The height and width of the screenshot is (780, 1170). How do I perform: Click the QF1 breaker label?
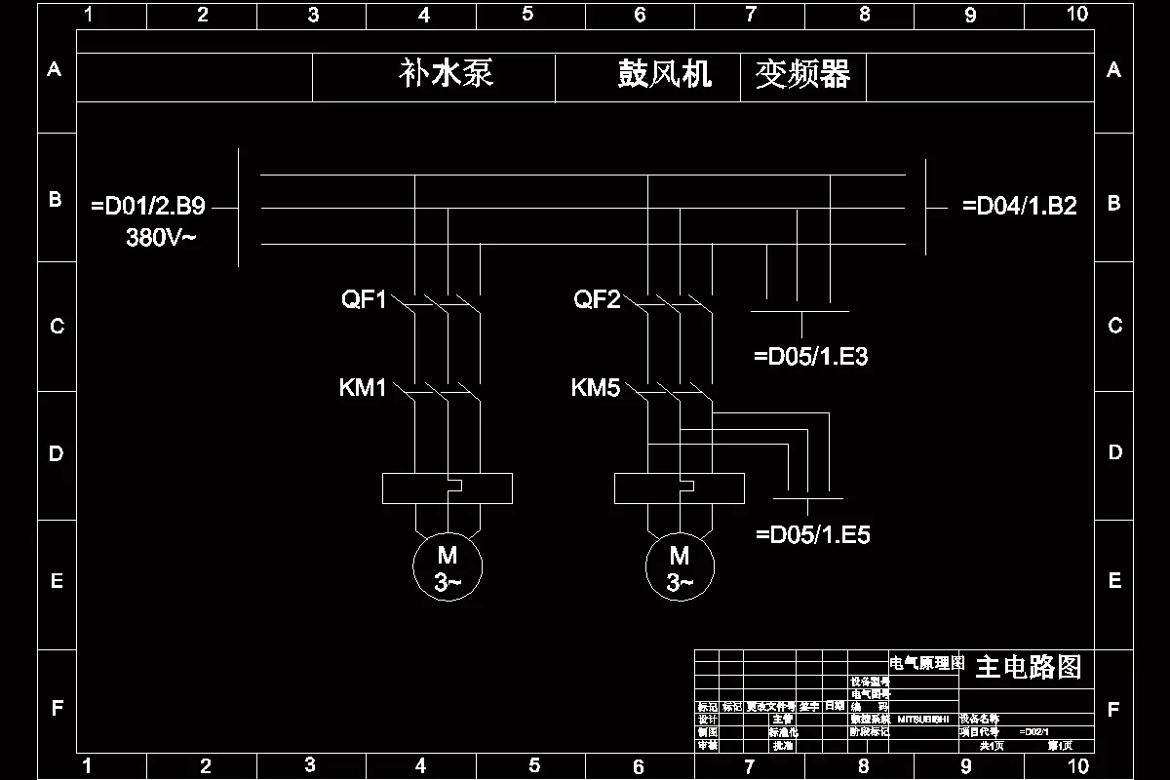364,299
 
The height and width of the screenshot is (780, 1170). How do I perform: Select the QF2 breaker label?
597,299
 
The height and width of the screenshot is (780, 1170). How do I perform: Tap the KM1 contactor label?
363,389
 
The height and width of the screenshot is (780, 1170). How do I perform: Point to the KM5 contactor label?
596,389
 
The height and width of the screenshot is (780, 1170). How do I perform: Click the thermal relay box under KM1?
448,487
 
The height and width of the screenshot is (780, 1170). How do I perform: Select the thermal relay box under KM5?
680,487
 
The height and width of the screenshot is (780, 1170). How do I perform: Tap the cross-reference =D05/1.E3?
810,357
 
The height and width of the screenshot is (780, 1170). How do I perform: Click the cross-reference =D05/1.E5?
813,534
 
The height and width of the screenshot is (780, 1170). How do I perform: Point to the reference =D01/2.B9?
147,207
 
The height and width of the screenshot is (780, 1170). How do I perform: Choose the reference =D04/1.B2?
1019,207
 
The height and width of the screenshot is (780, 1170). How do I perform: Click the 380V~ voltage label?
161,237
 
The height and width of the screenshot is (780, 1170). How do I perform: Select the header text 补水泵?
447,74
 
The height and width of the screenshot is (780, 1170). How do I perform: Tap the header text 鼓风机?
665,74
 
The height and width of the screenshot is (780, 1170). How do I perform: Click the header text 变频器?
802,74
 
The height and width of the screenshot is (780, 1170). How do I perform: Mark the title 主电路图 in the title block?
1028,667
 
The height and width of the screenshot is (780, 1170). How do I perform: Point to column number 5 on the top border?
527,14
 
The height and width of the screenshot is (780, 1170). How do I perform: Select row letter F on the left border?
57,708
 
